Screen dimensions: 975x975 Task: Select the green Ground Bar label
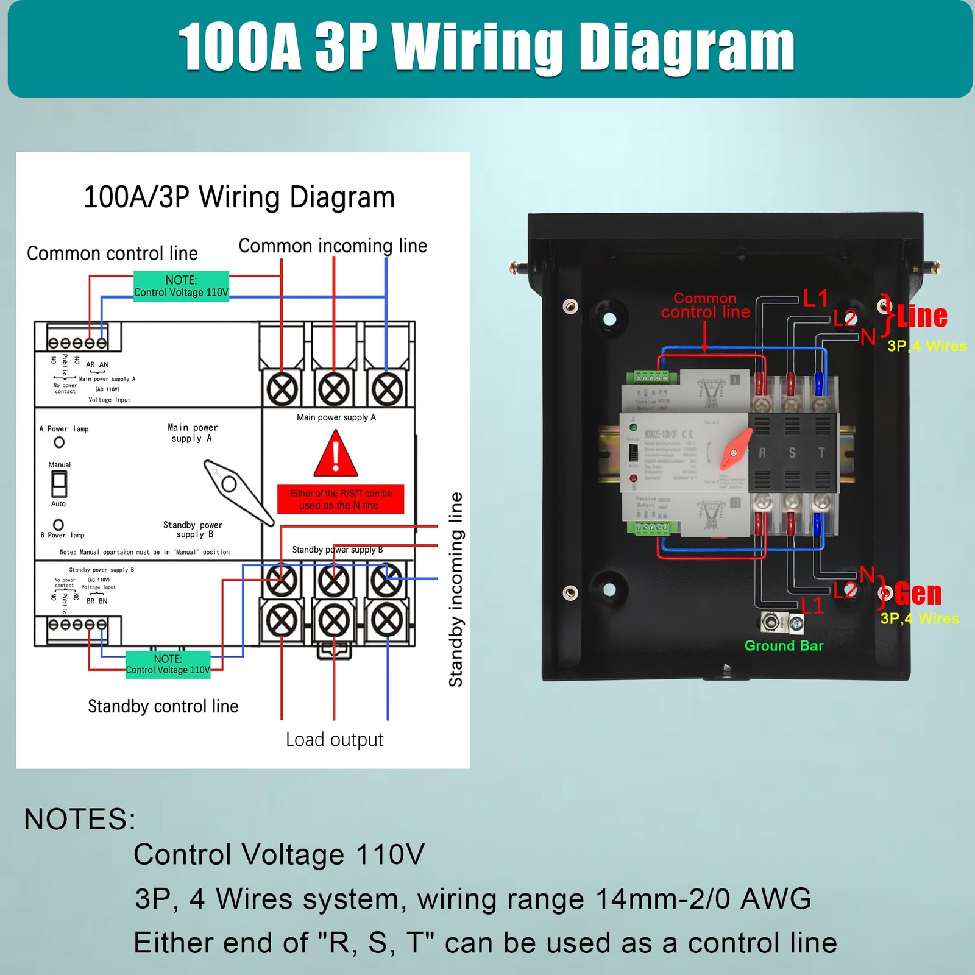784,646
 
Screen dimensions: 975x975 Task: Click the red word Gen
918,594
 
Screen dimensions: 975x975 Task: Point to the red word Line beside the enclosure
922,316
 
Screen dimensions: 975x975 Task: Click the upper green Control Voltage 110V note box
181,286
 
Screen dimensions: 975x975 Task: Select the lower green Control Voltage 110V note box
168,664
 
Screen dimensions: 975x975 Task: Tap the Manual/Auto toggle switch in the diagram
59,484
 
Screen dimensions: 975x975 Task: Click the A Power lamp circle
59,442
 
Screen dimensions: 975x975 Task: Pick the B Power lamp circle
58,525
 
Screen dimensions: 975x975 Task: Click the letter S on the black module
792,453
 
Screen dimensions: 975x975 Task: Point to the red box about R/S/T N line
341,500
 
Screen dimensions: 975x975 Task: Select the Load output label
335,740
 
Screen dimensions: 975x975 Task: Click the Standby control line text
163,706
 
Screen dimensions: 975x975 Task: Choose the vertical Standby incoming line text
456,589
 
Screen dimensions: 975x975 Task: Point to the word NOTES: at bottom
80,819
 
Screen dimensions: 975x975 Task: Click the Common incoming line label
333,246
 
